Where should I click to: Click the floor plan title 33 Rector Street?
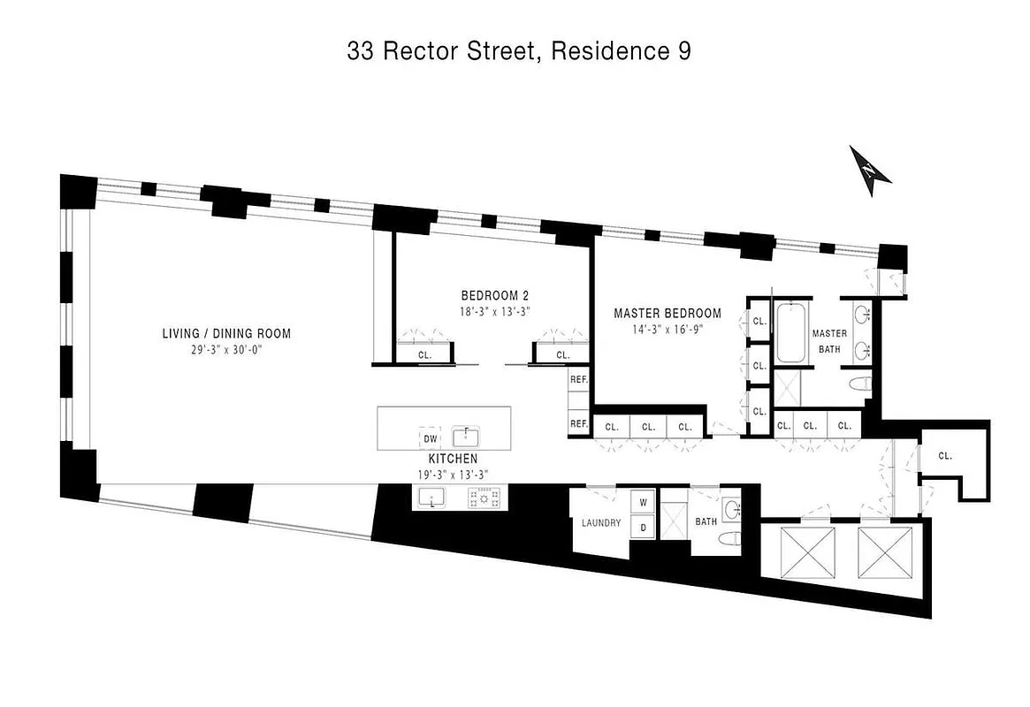coord(519,51)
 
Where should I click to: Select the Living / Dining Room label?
coord(226,333)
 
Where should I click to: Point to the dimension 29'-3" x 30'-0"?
coord(226,349)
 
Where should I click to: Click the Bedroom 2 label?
coord(494,295)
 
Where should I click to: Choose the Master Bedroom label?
coord(668,313)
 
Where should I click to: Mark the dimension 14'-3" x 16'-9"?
coord(668,329)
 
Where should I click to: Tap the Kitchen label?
coord(453,459)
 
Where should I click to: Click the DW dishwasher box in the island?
coord(430,437)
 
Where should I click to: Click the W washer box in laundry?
coord(643,502)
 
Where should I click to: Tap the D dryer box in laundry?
coord(643,527)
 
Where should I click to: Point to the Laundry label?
coord(601,522)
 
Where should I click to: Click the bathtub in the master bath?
coord(790,332)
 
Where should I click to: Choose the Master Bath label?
coord(829,340)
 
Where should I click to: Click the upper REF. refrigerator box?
coord(579,379)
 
